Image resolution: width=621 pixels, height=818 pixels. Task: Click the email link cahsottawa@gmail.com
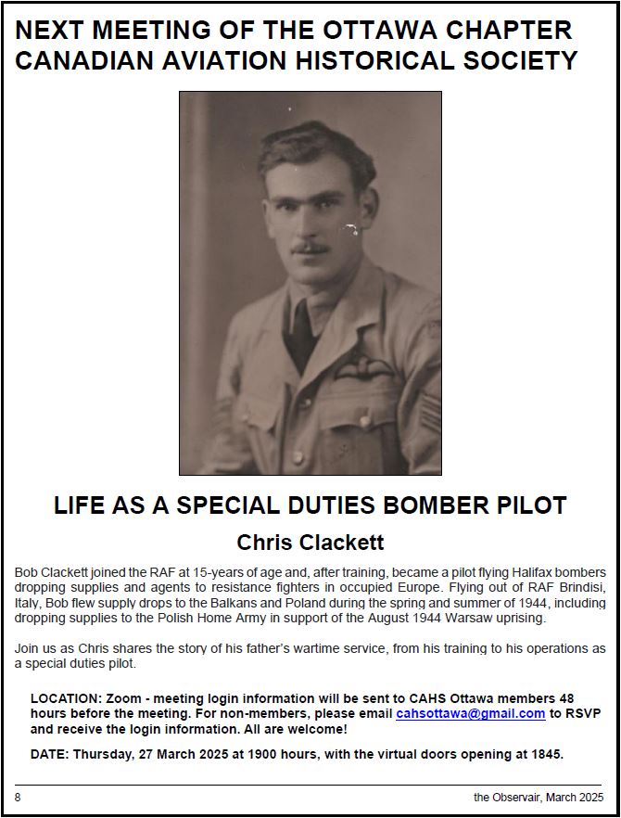(470, 713)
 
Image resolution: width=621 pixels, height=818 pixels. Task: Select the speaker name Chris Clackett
(310, 541)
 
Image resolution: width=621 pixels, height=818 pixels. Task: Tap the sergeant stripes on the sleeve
(428, 414)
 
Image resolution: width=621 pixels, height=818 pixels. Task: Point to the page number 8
(18, 796)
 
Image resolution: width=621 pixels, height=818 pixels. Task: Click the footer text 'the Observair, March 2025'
(539, 796)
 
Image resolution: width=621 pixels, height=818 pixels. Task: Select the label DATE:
(50, 753)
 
